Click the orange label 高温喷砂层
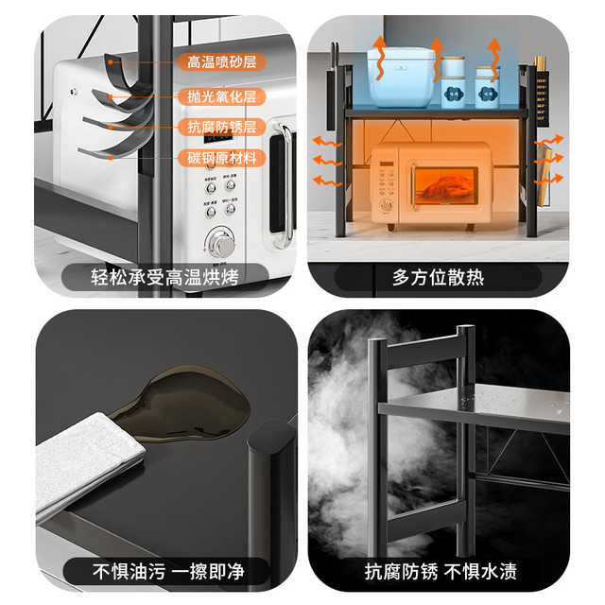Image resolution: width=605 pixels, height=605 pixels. [x=222, y=62]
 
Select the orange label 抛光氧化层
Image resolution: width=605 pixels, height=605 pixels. [x=222, y=96]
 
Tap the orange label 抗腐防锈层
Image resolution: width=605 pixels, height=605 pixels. [x=222, y=127]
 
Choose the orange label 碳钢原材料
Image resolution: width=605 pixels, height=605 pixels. [x=222, y=158]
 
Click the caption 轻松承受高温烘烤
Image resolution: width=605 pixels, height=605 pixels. [x=164, y=277]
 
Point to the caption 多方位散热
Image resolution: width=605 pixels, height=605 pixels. [x=438, y=277]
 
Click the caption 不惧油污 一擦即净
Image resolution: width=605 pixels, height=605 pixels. [x=168, y=571]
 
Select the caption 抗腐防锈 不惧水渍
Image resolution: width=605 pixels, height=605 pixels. [x=441, y=571]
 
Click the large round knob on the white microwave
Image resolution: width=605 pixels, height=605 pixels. [x=220, y=243]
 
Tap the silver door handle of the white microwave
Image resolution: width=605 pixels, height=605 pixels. [x=285, y=185]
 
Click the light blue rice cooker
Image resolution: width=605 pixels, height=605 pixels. [x=401, y=77]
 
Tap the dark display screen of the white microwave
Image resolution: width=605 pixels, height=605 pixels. [x=218, y=136]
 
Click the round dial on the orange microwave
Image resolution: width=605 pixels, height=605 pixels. [x=386, y=205]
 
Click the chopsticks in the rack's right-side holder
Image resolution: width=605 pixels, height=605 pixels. [x=540, y=61]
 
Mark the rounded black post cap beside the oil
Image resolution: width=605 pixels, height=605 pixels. [x=272, y=436]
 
